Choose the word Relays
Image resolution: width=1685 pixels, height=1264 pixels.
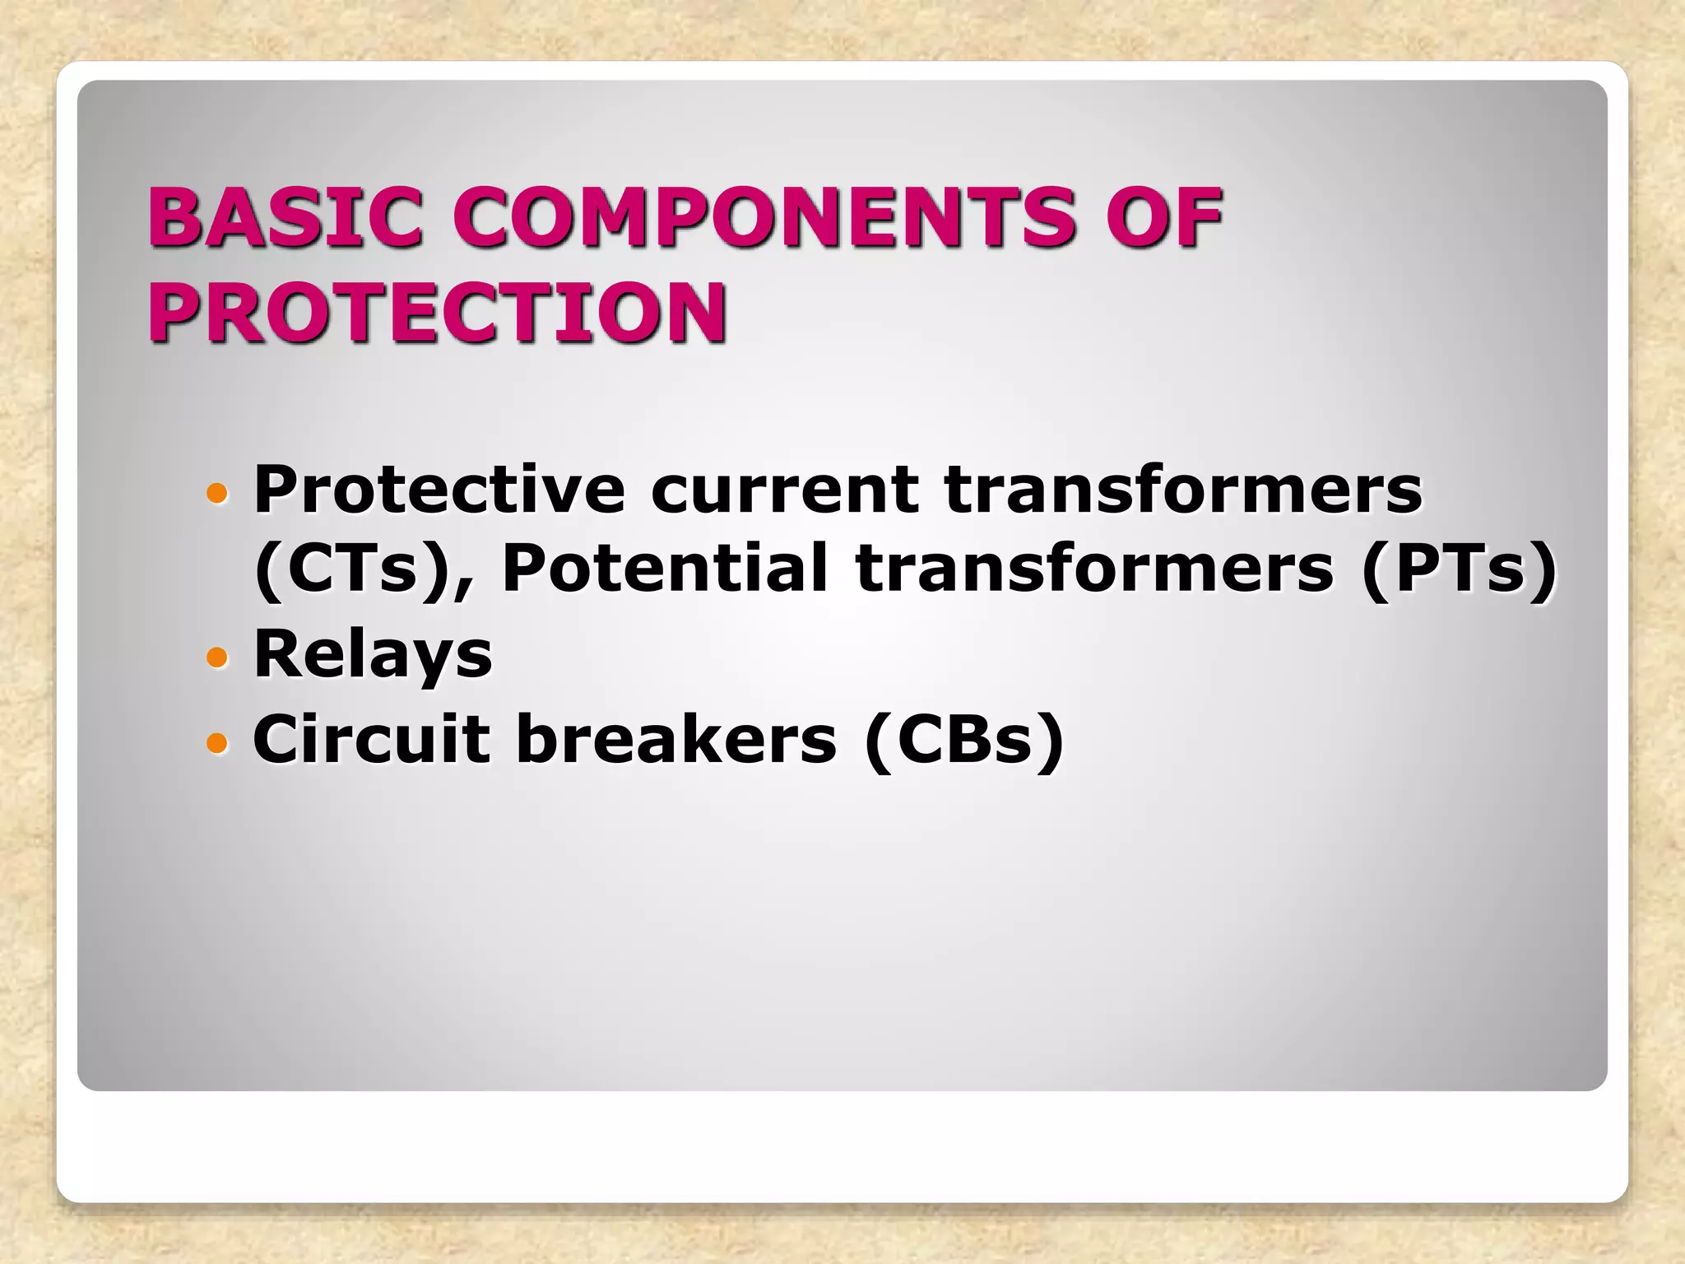click(x=373, y=655)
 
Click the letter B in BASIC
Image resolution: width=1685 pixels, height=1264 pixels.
click(x=174, y=217)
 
